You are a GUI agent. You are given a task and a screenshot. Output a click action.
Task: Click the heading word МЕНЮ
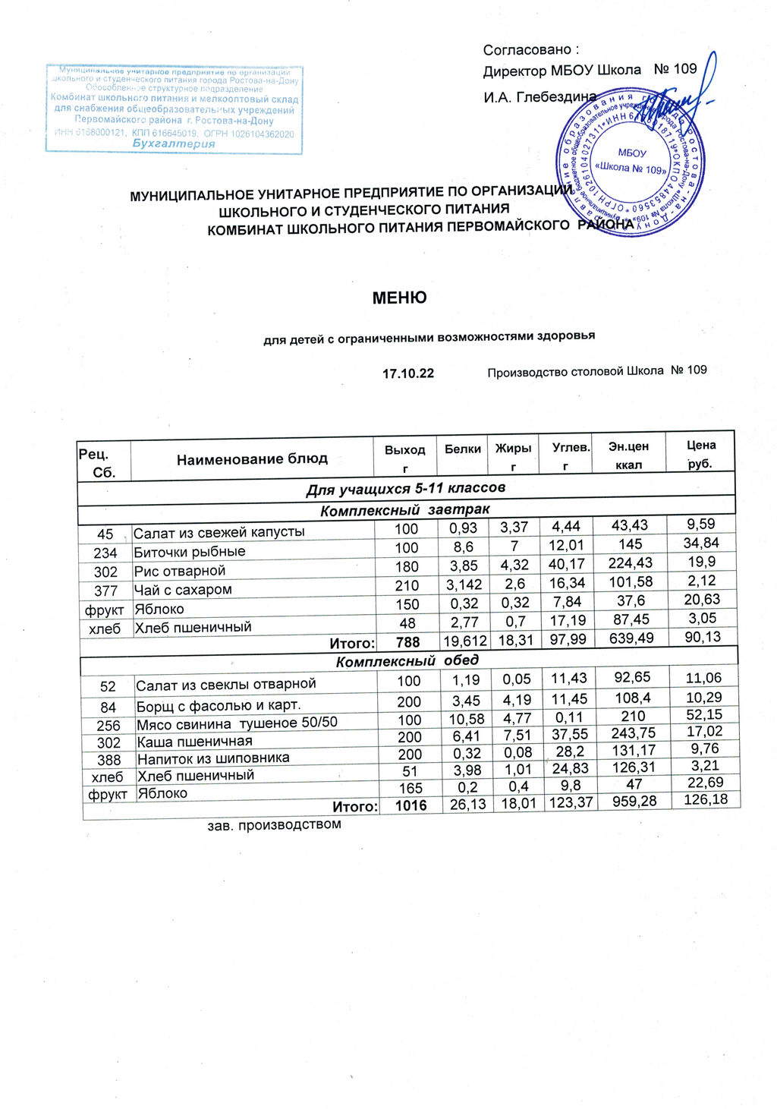point(399,298)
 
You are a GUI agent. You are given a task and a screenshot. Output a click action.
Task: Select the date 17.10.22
point(408,373)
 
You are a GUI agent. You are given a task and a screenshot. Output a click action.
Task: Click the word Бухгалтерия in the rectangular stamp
point(174,144)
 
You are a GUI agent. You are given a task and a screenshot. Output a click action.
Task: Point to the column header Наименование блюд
point(252,459)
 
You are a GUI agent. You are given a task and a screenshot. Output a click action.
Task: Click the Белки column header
point(463,449)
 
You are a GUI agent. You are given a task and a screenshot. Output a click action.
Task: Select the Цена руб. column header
point(701,454)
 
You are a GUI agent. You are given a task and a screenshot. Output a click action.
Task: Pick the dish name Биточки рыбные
point(190,552)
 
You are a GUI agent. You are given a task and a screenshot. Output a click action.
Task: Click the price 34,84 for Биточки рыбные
point(702,543)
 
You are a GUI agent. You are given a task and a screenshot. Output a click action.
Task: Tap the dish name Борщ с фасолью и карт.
point(219,706)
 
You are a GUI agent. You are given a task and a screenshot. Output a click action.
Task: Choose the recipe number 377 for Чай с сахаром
point(105,591)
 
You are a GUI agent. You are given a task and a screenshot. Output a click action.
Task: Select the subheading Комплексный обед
point(407,661)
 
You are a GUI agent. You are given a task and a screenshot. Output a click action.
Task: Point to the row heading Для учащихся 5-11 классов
point(406,488)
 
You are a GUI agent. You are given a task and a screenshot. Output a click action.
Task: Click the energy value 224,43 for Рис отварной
point(631,563)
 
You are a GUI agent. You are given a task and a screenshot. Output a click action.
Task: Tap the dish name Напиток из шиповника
point(213,758)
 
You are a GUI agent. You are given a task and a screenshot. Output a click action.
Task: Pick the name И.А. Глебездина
point(539,97)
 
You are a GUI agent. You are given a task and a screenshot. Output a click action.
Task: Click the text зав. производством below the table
point(275,824)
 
